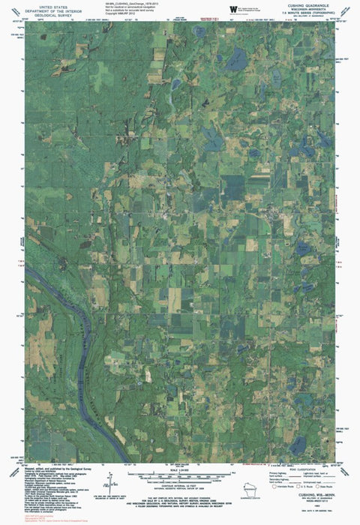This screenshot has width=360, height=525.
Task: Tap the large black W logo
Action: [x=234, y=8]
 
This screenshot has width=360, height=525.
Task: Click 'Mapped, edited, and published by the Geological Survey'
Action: [x=52, y=466]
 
